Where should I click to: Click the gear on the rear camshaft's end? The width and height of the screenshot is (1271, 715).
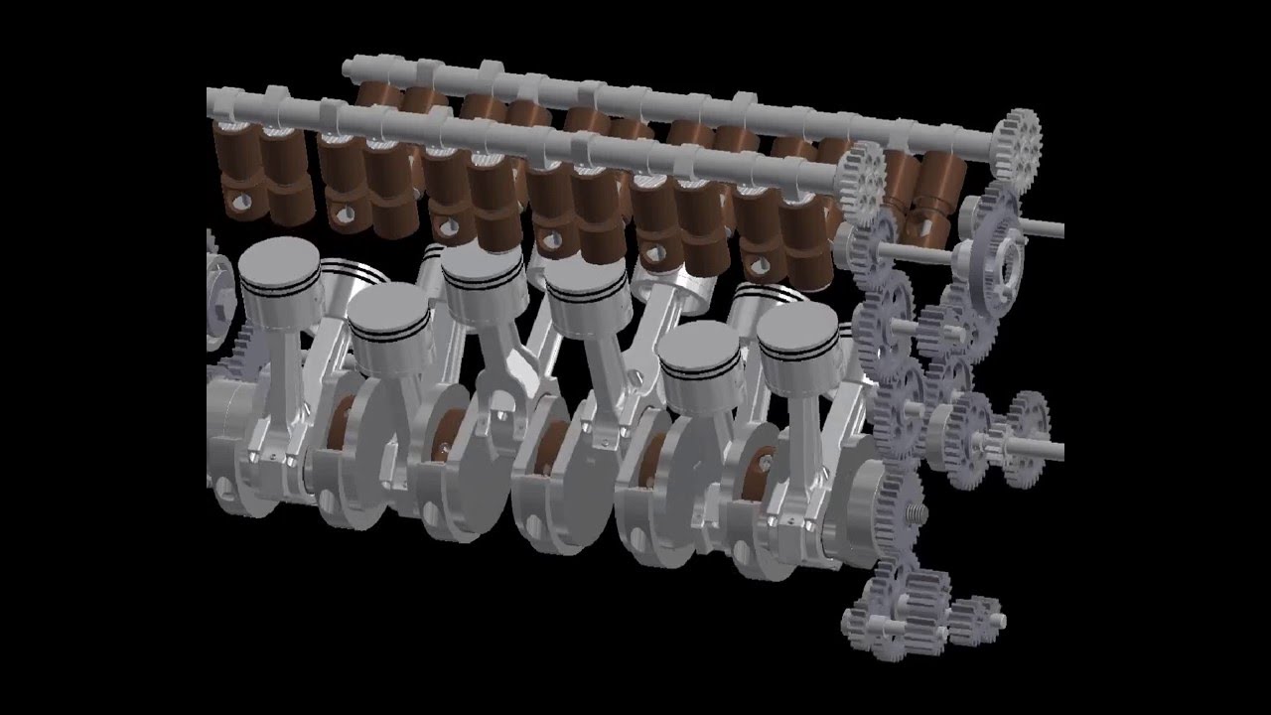click(x=1015, y=144)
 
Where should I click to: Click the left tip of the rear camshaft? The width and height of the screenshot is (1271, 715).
click(x=349, y=67)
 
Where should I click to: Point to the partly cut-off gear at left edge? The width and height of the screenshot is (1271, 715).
click(x=212, y=288)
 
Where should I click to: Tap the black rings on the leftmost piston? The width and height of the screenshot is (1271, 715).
click(x=280, y=288)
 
